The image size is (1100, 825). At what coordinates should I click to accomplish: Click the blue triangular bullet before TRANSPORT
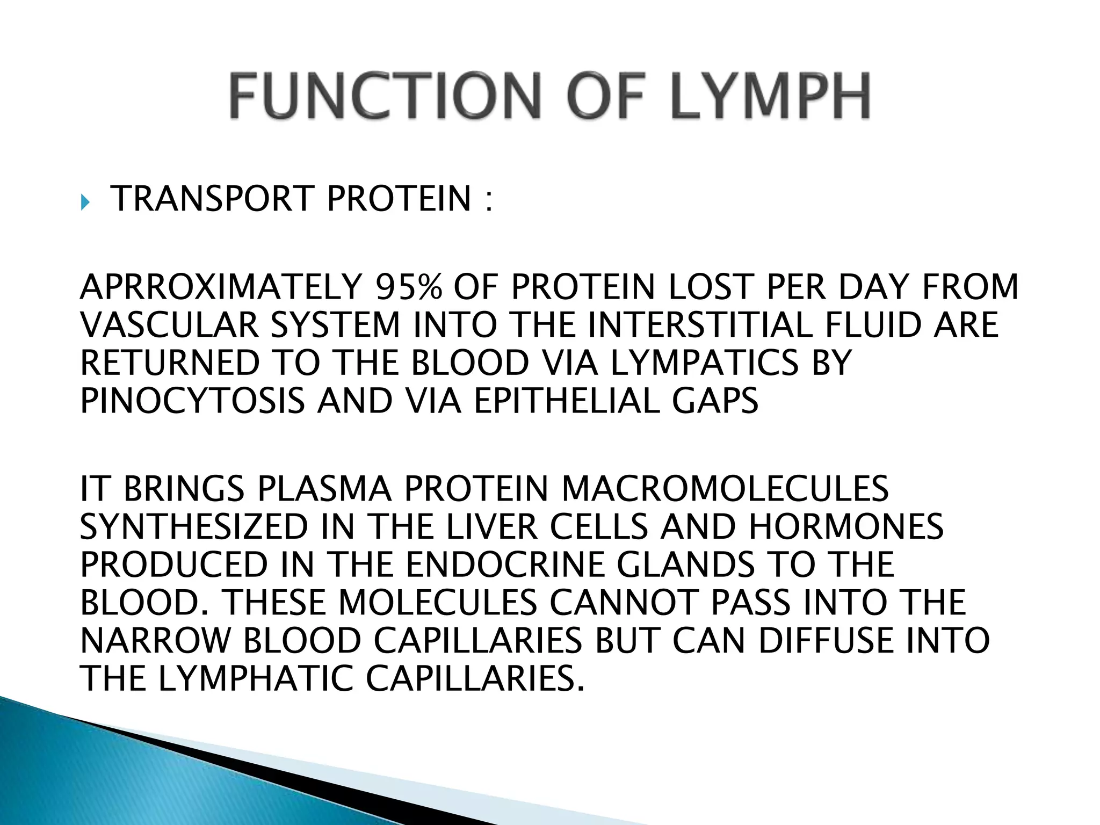pyautogui.click(x=84, y=203)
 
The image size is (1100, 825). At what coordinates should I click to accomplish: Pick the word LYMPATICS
pyautogui.click(x=704, y=363)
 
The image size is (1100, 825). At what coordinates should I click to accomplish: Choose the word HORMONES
pyautogui.click(x=845, y=526)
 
